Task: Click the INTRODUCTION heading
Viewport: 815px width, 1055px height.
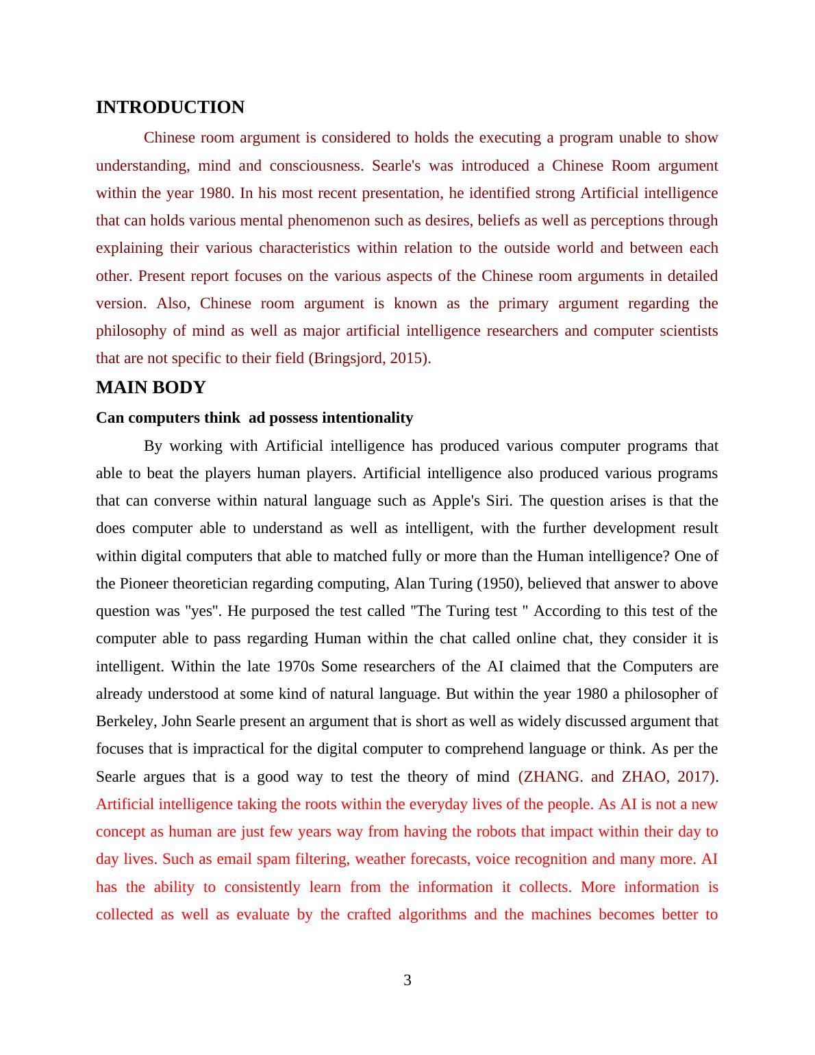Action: pyautogui.click(x=170, y=108)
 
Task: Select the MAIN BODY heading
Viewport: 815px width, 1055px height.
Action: pyautogui.click(x=151, y=388)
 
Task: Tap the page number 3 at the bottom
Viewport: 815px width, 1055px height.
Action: pyautogui.click(x=407, y=980)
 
